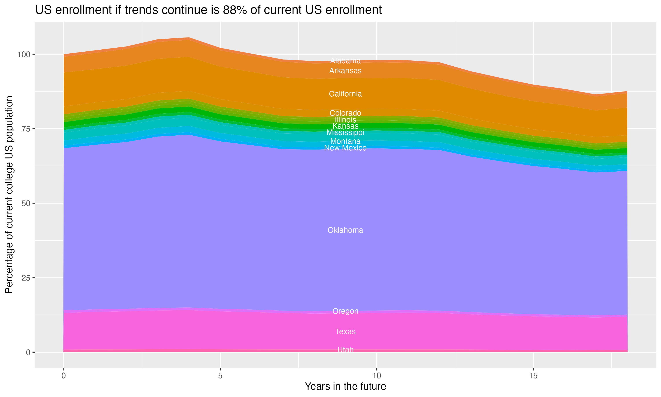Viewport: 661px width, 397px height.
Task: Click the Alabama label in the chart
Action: pos(345,61)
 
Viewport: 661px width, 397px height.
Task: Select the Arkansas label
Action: pos(345,71)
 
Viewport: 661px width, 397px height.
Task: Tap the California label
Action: pos(345,94)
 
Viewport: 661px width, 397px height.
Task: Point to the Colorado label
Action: pos(345,113)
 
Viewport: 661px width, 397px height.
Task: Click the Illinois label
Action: pos(345,120)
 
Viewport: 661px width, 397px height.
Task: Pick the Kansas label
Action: pos(345,126)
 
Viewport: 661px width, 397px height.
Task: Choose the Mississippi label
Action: pos(345,133)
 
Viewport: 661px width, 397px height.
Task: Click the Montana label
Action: pos(345,141)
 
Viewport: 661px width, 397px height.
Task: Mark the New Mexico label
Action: pos(345,148)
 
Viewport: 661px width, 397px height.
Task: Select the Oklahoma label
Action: pos(345,230)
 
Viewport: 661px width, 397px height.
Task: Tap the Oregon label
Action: pos(345,311)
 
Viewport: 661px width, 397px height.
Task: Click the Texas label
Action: pos(345,332)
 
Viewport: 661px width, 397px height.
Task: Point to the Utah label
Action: pos(345,350)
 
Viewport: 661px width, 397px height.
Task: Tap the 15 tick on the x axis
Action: pos(533,376)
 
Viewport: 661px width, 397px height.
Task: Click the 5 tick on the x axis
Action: pos(220,376)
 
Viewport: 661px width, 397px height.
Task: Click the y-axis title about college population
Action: pos(9,195)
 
